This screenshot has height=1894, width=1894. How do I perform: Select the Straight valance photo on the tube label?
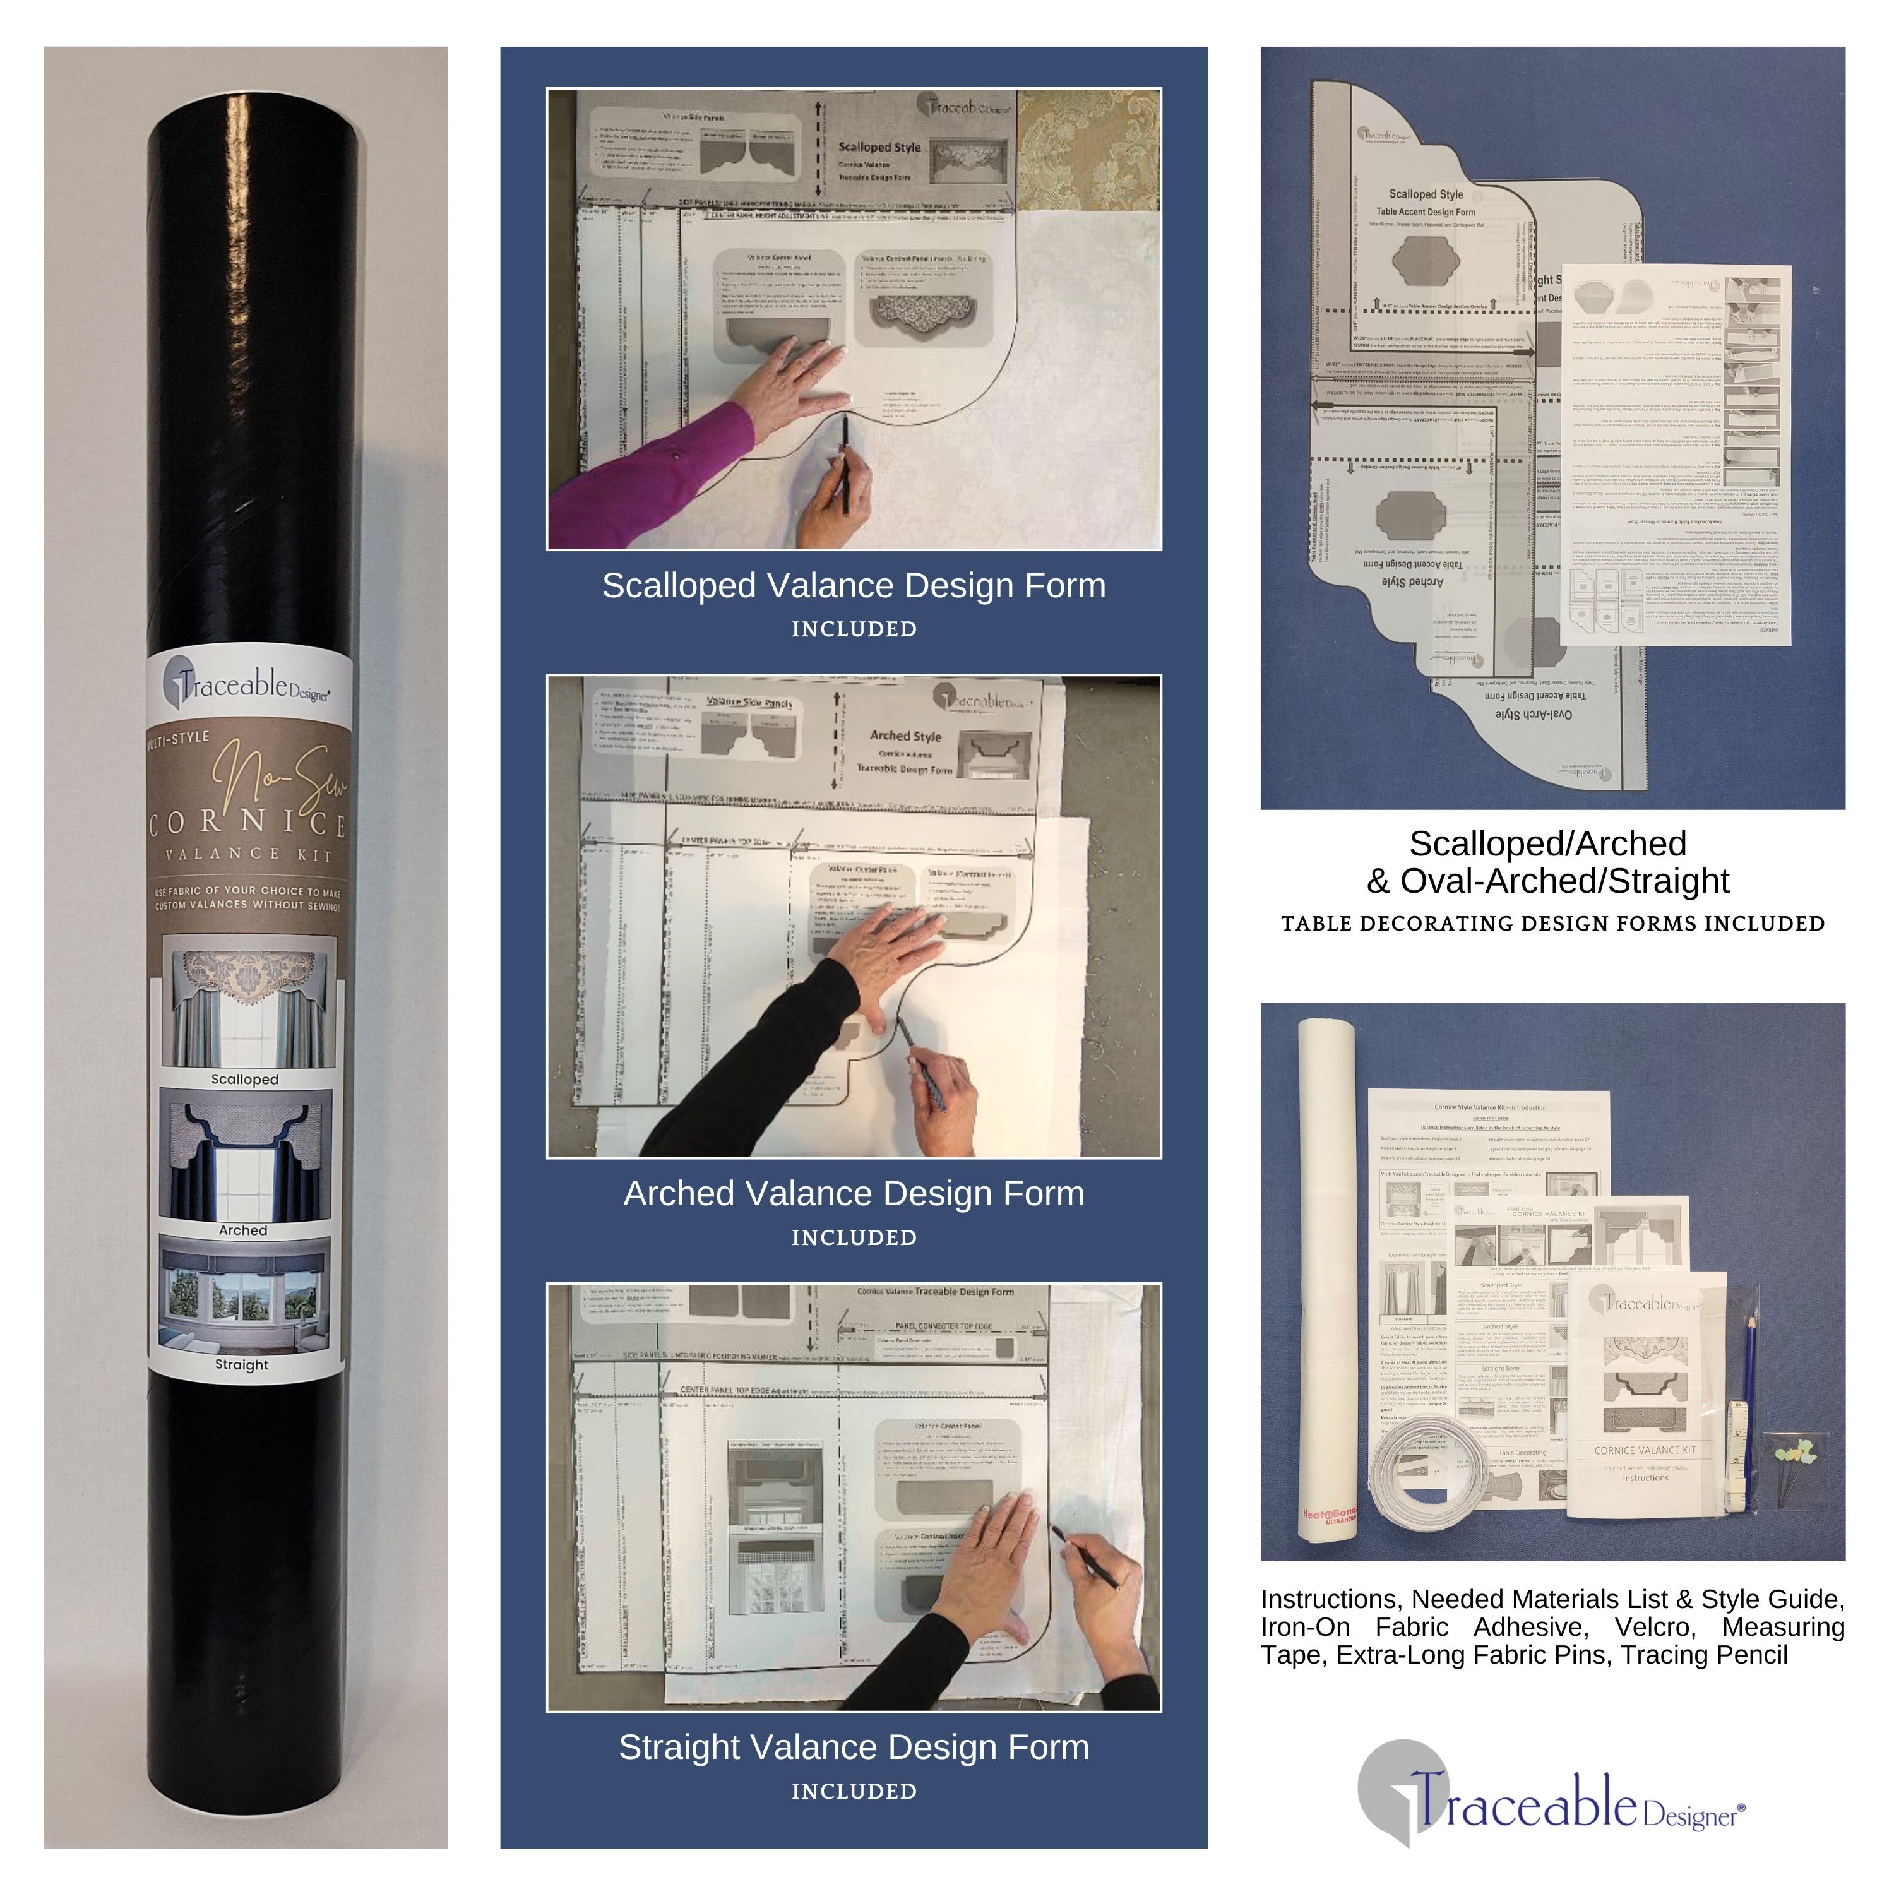tap(244, 1295)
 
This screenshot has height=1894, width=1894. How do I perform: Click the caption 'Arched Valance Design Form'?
tap(853, 1193)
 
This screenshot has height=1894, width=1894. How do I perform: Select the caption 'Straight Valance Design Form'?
tap(853, 1746)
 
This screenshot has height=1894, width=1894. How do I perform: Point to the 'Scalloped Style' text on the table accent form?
tap(1426, 194)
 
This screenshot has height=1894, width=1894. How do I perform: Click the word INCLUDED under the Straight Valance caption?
tap(853, 1791)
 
